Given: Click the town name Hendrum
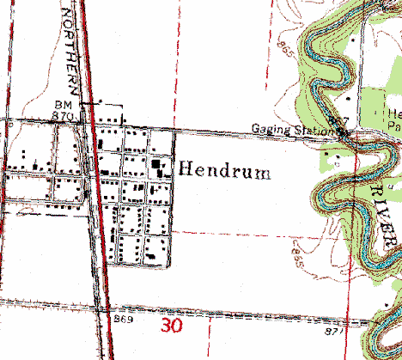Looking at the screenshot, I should coord(225,172).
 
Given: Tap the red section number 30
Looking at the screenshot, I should coord(172,326).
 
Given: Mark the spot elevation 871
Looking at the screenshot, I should coord(336,330).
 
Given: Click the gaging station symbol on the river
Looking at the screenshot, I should coord(342,131).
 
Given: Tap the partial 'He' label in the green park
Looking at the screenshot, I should coord(393,113).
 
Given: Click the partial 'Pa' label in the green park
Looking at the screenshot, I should coord(393,125).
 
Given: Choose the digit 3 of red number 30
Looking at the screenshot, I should coord(166,326).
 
